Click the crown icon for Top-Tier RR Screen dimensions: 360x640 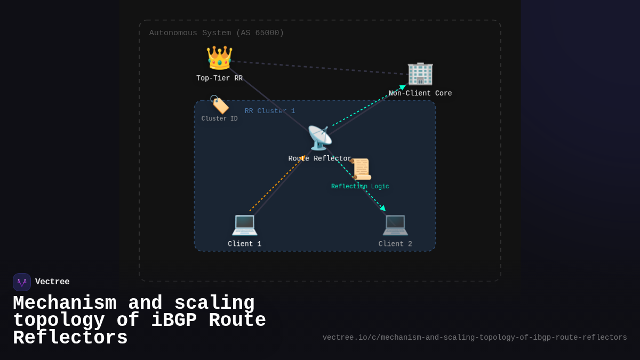click(219, 58)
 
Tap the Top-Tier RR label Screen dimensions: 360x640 click(219, 78)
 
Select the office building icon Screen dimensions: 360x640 click(420, 74)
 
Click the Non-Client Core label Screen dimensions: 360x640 click(420, 93)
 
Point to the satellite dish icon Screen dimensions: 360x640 click(319, 138)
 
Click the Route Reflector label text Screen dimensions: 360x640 click(320, 159)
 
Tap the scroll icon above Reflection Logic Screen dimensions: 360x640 click(361, 169)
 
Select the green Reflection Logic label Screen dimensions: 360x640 click(360, 187)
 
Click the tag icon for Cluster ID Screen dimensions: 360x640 click(219, 105)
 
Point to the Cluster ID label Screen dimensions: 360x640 click(219, 119)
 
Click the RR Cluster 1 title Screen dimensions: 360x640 click(270, 111)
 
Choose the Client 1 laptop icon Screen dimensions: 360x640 click(245, 225)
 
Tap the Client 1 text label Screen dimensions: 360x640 click(245, 244)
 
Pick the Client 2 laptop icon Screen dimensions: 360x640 click(395, 225)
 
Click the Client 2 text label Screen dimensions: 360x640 click(395, 244)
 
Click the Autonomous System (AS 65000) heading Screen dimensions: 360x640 click(217, 33)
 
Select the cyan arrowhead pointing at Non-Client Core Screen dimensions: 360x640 click(403, 87)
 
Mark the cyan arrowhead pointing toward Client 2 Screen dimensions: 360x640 click(382, 208)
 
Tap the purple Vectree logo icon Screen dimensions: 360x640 click(22, 282)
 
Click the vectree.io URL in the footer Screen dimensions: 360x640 click(475, 338)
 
